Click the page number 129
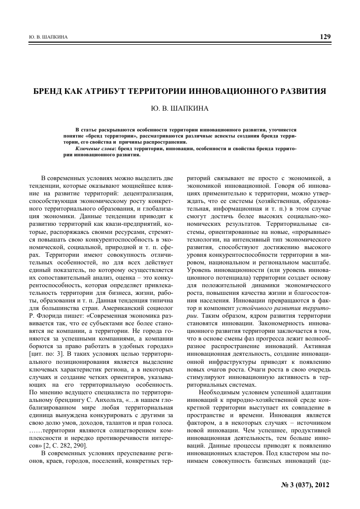pos(325,37)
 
